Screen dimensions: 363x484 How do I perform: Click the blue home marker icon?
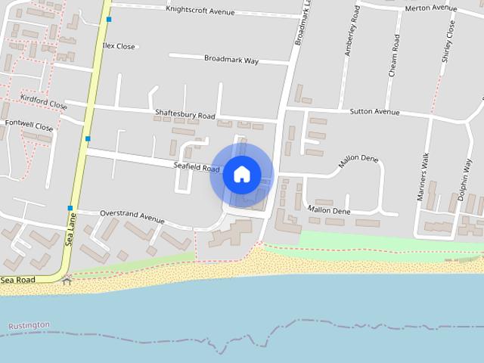point(242,174)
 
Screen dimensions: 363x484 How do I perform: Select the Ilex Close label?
point(119,46)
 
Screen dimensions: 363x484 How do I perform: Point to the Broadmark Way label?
point(231,59)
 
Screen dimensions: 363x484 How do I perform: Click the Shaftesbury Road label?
point(185,115)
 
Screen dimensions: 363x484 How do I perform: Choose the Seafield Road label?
point(196,168)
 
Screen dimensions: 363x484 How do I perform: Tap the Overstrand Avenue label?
point(132,216)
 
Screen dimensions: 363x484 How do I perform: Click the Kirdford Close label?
point(43,102)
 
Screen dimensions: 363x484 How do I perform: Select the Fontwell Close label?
point(29,125)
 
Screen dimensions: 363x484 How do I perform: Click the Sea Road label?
point(17,280)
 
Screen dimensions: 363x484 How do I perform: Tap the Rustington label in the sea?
point(29,325)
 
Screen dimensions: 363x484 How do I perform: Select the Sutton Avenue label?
point(374,111)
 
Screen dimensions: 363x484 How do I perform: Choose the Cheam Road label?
point(393,54)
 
